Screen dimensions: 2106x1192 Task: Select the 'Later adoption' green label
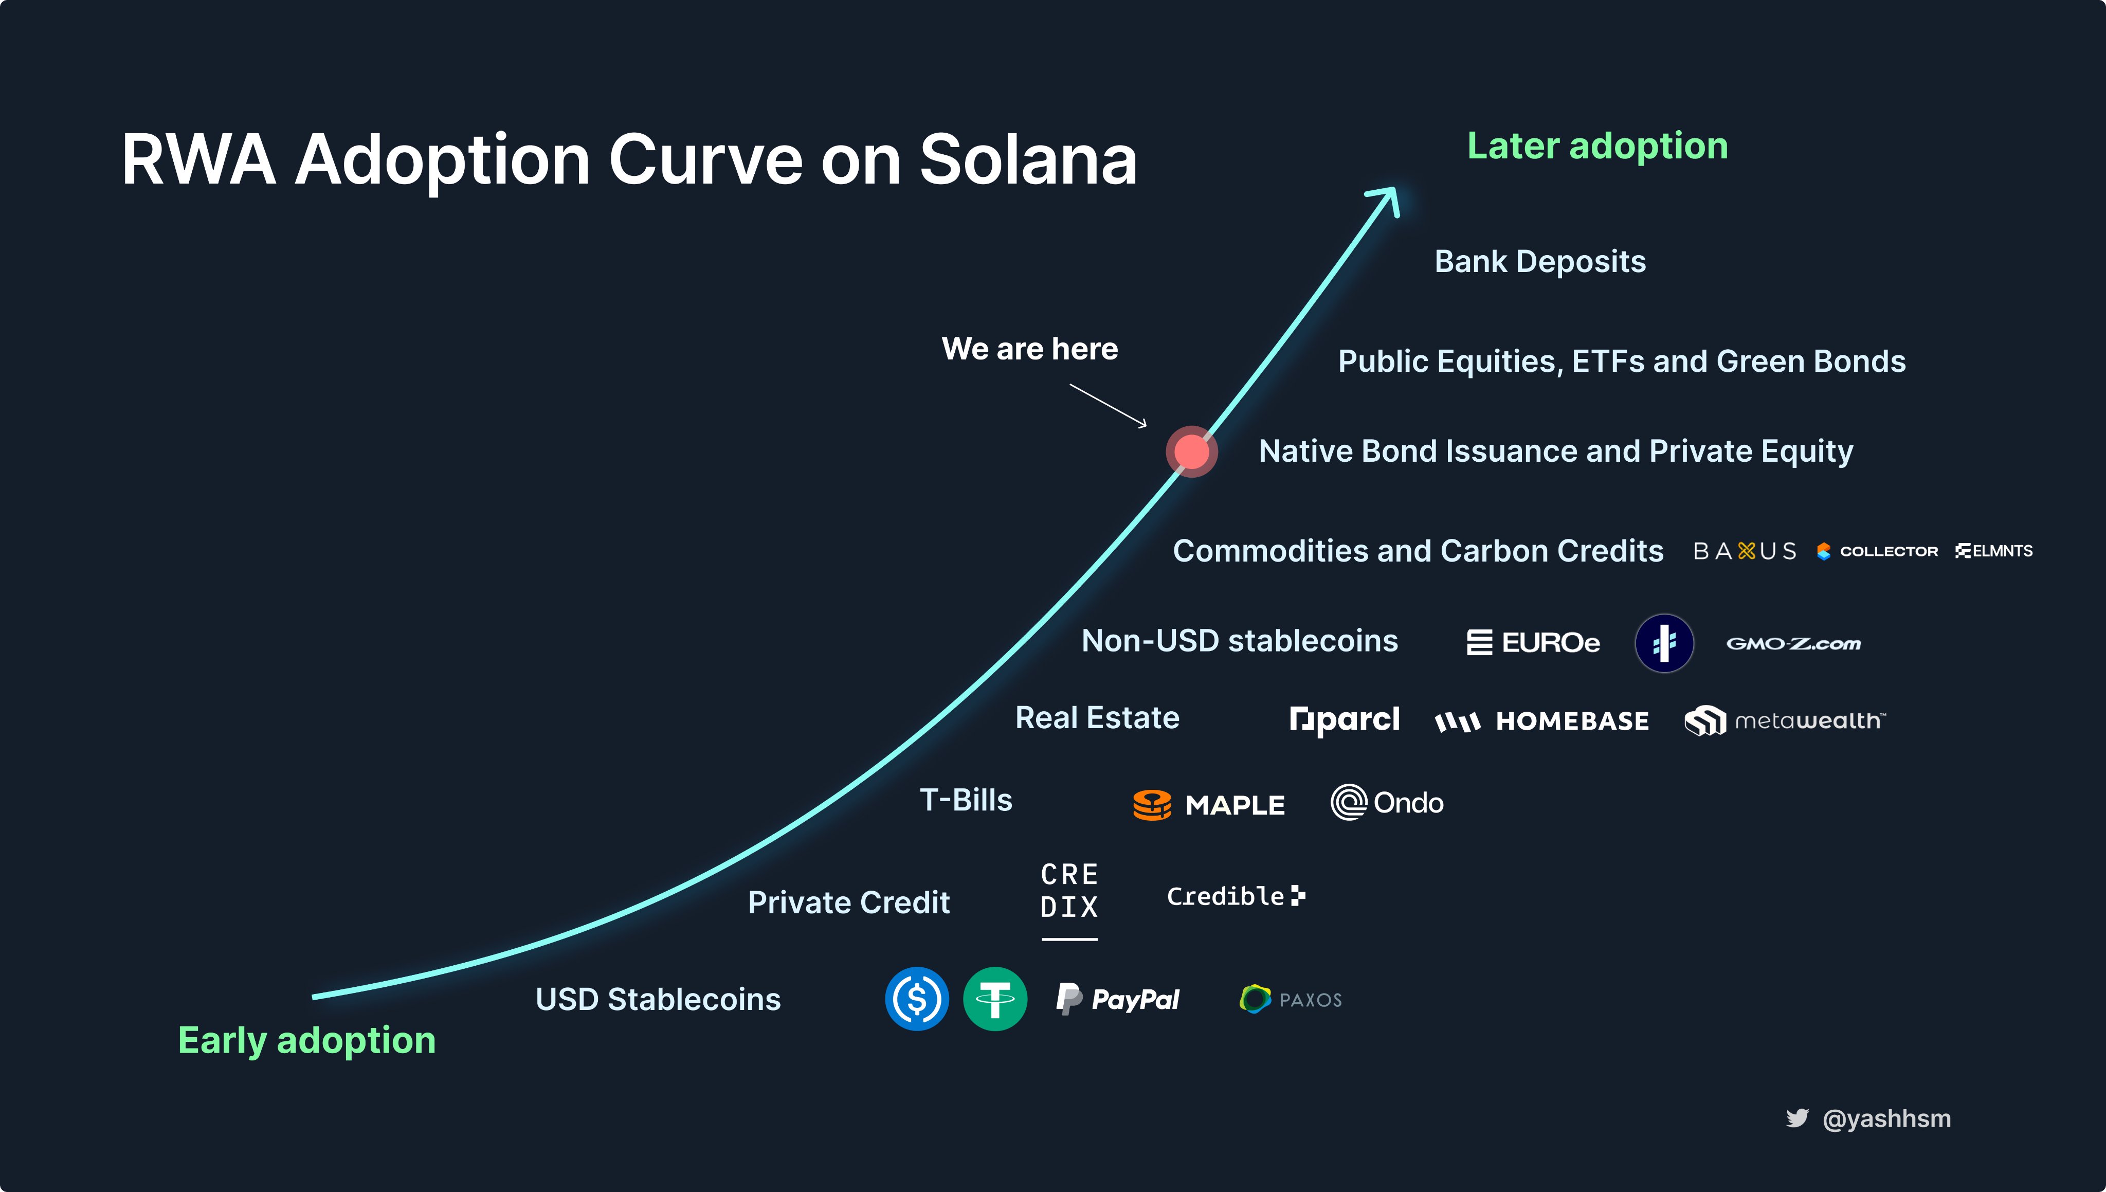1597,147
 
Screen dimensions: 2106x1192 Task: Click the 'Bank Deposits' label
1539,262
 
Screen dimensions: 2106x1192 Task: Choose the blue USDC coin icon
917,999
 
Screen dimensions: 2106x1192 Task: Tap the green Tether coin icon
995,999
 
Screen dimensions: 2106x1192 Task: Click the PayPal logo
1117,999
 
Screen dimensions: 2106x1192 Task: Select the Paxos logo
1291,999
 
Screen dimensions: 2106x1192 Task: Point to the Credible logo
1236,896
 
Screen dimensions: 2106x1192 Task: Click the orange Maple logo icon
1152,805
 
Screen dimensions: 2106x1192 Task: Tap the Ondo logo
1387,802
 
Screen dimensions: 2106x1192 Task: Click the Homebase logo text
1572,721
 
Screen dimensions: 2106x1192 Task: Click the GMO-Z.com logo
1793,643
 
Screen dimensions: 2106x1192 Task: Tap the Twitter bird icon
1798,1118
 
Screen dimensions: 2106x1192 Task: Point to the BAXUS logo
1744,551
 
